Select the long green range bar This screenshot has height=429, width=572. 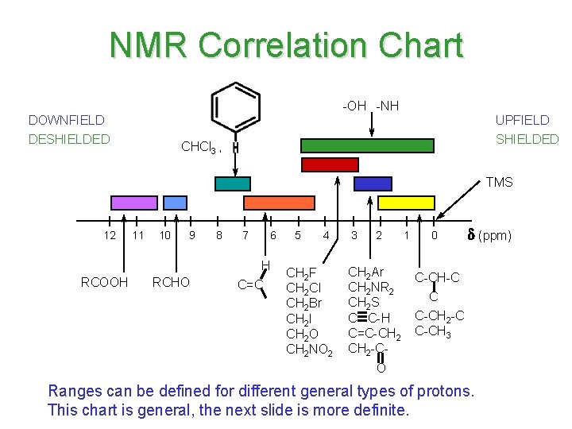click(x=367, y=145)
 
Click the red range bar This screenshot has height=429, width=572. click(x=329, y=164)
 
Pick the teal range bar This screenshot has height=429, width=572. click(x=233, y=184)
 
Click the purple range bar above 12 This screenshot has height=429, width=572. click(x=133, y=203)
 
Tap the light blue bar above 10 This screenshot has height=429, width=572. click(x=175, y=203)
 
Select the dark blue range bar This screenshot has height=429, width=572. click(x=373, y=184)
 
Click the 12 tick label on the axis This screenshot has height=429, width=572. click(x=110, y=235)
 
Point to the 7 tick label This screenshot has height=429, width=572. click(x=245, y=235)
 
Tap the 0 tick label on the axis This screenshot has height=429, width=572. click(x=433, y=235)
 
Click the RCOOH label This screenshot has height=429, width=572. click(x=104, y=282)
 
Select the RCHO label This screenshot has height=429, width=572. click(x=171, y=282)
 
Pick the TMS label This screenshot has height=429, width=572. click(x=499, y=182)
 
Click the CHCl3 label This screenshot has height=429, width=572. click(x=198, y=147)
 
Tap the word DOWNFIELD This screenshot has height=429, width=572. click(x=66, y=120)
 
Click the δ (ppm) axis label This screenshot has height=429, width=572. click(x=489, y=235)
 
